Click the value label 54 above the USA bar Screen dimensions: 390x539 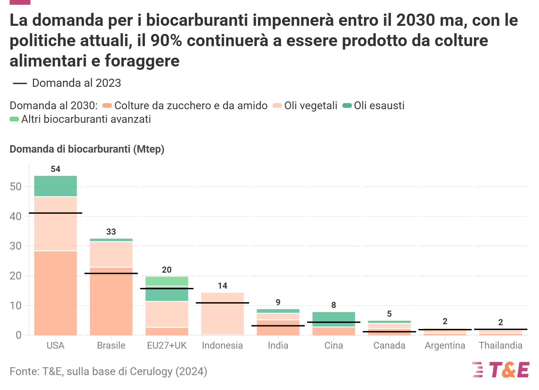[x=56, y=169]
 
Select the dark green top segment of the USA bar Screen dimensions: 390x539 [x=56, y=186]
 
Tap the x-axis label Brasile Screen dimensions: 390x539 [x=111, y=345]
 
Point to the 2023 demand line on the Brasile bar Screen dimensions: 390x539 [x=111, y=273]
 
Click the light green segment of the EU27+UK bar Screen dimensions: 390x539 [x=167, y=281]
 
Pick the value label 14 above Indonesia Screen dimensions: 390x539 [x=222, y=286]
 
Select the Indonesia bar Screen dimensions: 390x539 [x=222, y=315]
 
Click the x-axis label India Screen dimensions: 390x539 [x=278, y=345]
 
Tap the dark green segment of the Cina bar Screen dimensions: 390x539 [x=334, y=317]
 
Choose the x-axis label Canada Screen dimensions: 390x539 [x=389, y=345]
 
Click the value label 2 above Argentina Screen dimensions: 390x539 [x=445, y=321]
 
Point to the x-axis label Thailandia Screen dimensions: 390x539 [x=500, y=345]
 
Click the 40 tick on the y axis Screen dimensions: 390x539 [x=16, y=216]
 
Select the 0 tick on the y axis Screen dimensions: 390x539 [x=19, y=335]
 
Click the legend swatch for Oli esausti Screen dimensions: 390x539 [x=347, y=105]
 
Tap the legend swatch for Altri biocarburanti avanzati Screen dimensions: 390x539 [x=14, y=119]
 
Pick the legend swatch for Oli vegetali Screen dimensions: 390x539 [x=277, y=105]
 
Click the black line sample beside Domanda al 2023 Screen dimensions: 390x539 [x=20, y=83]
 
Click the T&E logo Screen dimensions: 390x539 [x=501, y=370]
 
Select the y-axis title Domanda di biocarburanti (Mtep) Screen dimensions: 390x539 [x=87, y=149]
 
